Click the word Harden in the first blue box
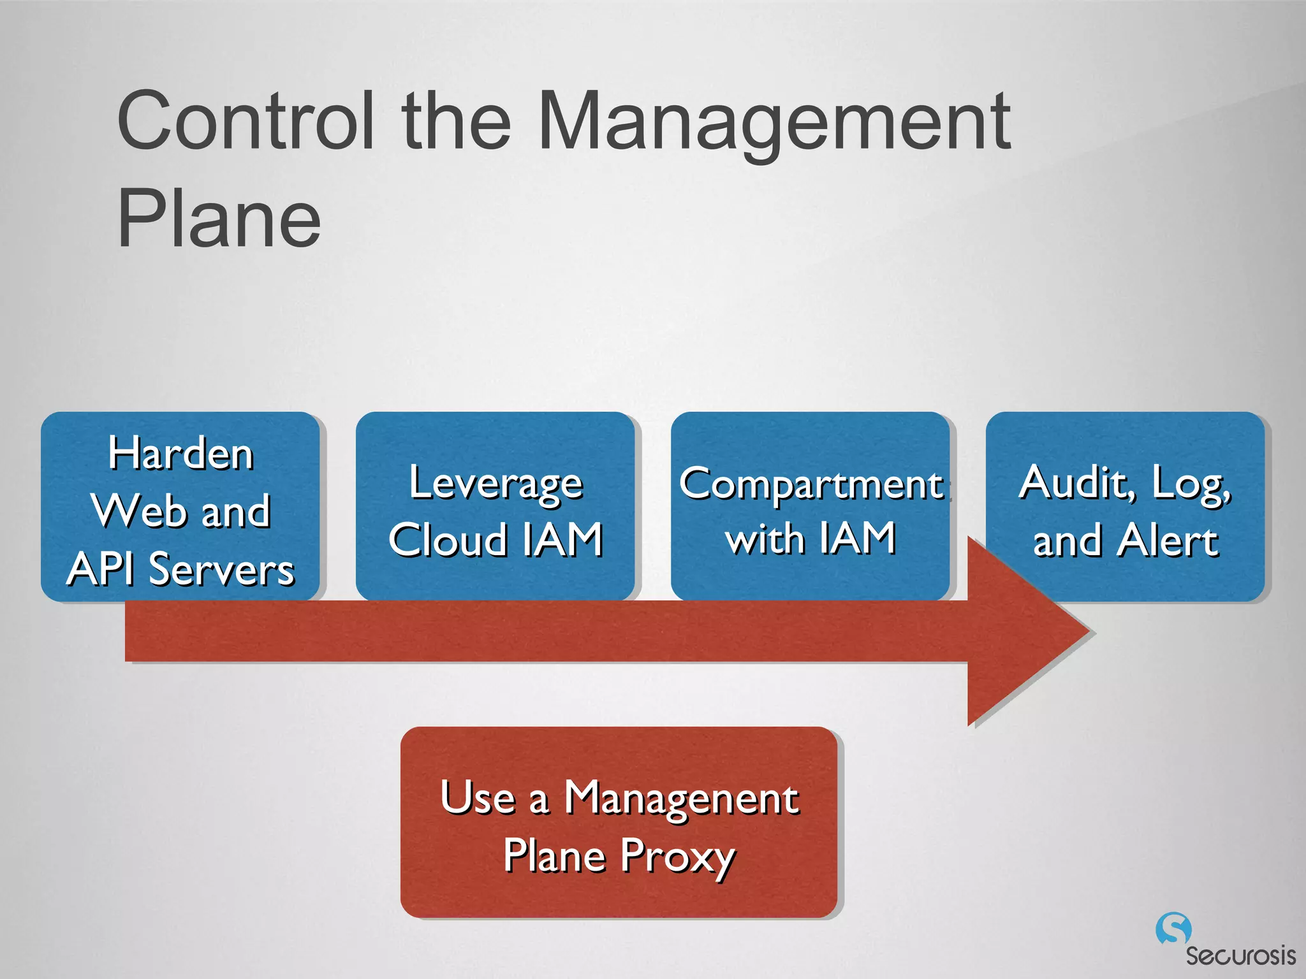point(181,454)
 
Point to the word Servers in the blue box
point(221,569)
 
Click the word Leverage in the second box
point(495,483)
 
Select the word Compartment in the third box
point(811,483)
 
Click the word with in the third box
point(765,539)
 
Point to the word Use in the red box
point(478,797)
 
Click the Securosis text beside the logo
point(1240,955)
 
